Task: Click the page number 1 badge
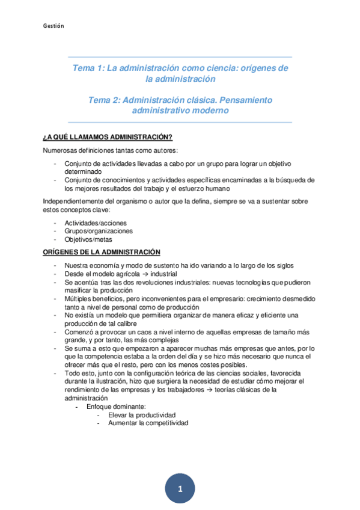pos(180,490)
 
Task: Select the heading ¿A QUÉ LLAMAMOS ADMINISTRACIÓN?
pos(108,137)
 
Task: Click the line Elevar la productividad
pos(142,415)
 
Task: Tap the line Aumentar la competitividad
pos(148,423)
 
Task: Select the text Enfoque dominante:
pos(116,407)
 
